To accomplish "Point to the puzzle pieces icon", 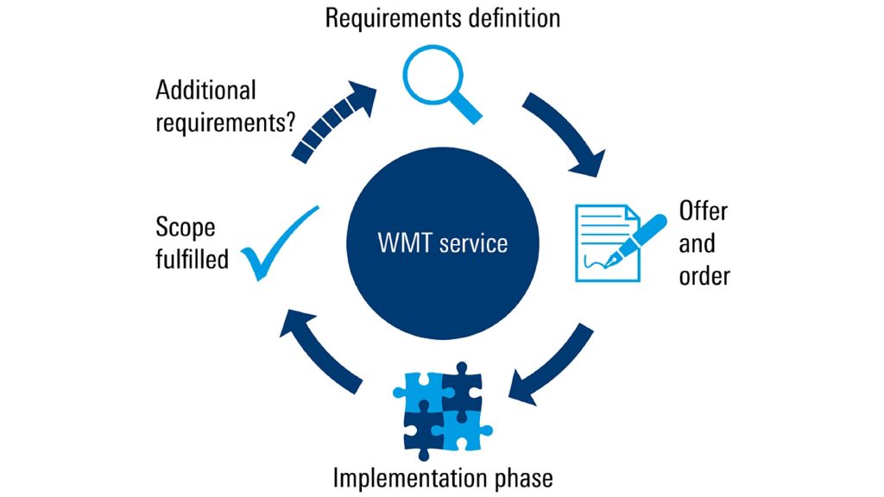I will click(443, 412).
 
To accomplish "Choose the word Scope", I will click(186, 228).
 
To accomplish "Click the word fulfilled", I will click(192, 258).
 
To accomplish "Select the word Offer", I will click(704, 211).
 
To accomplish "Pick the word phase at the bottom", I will click(521, 476).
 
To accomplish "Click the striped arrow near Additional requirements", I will click(332, 120).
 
